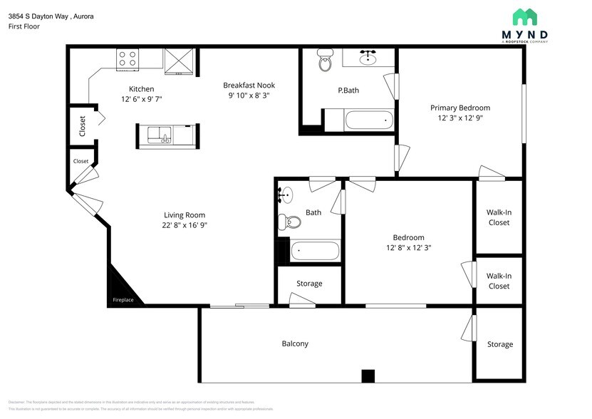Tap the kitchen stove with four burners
point(127,59)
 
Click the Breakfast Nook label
point(249,85)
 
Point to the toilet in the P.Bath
point(326,61)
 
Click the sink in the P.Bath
point(368,57)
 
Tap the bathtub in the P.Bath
point(368,120)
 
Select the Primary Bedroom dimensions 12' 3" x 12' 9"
point(459,118)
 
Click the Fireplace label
point(123,300)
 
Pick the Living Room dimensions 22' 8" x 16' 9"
point(185,225)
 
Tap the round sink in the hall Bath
point(286,195)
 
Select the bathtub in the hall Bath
point(315,251)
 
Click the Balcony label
point(295,343)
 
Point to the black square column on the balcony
point(368,376)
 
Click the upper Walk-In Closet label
point(499,217)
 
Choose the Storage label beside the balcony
point(499,344)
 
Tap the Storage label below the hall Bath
point(309,283)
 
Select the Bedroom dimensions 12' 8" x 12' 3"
point(408,247)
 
